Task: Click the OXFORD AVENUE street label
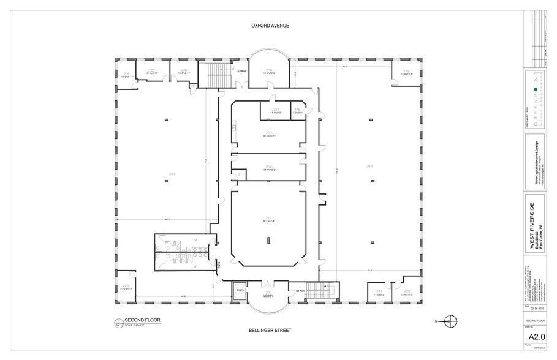click(270, 26)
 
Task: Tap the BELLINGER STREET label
click(270, 330)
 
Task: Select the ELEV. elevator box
click(240, 290)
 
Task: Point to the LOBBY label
click(268, 296)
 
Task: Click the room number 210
click(268, 217)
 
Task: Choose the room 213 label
click(268, 132)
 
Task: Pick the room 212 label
click(268, 166)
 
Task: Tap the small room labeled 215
click(297, 110)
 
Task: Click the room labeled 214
click(276, 110)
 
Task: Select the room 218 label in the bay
click(269, 70)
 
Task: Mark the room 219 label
click(406, 71)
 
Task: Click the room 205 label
click(126, 286)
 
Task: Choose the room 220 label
click(407, 291)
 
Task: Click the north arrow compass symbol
click(451, 320)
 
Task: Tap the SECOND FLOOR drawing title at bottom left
click(142, 320)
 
